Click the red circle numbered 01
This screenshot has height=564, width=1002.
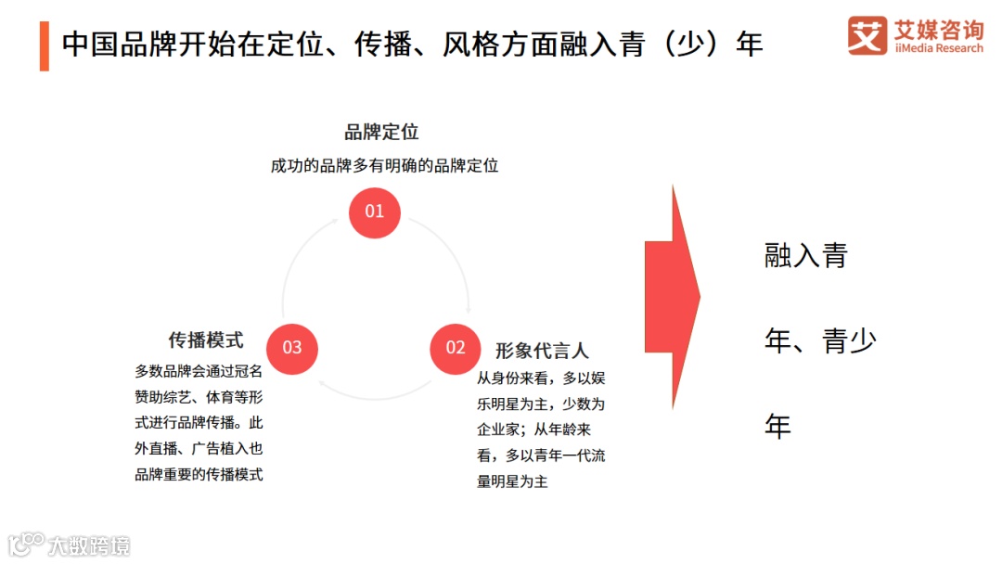[x=374, y=211]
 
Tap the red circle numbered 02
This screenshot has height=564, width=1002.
[x=455, y=348]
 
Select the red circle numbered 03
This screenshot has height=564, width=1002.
[x=292, y=348]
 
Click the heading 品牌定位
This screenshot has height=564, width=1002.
[x=381, y=132]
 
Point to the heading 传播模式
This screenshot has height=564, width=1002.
[x=205, y=340]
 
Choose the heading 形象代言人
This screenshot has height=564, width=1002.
[x=542, y=351]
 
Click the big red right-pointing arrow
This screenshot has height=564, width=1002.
[x=673, y=297]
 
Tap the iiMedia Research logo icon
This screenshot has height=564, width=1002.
[x=867, y=35]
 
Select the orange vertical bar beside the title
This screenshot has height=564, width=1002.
[x=44, y=44]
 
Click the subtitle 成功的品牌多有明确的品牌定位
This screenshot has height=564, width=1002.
[x=384, y=166]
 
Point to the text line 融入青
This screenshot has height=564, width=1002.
[x=805, y=256]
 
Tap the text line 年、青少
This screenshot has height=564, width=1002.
[x=819, y=341]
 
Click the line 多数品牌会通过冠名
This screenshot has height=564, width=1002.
[x=199, y=371]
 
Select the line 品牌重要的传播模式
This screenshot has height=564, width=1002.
[x=199, y=475]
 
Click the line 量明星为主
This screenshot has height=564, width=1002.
[x=512, y=481]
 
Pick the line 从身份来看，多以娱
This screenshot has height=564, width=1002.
[x=541, y=378]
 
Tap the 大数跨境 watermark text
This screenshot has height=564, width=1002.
[x=89, y=545]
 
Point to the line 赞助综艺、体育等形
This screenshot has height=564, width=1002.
[x=199, y=397]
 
